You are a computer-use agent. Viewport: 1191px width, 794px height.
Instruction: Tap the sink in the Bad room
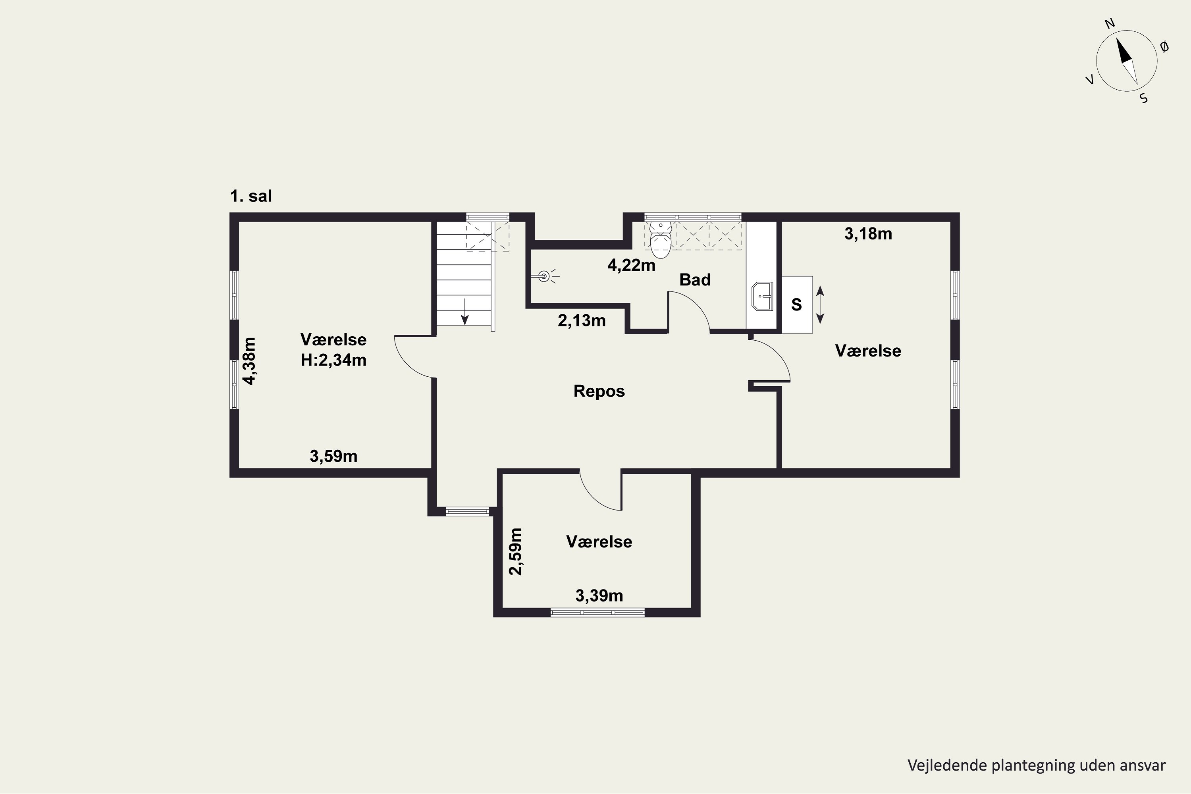[x=763, y=296]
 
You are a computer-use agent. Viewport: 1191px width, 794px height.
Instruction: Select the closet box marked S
[x=797, y=304]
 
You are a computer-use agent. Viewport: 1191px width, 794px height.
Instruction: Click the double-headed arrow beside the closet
[x=820, y=305]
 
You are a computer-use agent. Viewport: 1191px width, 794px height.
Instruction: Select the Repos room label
[x=599, y=391]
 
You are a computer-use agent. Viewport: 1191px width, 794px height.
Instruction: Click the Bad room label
[x=695, y=279]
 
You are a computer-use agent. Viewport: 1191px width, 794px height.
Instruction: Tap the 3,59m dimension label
[x=334, y=456]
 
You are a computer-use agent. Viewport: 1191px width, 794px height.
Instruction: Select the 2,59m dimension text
[x=515, y=551]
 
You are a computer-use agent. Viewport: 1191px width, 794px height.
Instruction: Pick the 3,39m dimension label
[x=599, y=595]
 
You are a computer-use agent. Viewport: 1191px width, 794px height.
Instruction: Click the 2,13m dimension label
[x=582, y=320]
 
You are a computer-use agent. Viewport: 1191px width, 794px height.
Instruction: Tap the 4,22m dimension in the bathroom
[x=632, y=265]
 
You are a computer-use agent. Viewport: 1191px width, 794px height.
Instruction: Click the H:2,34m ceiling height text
[x=334, y=360]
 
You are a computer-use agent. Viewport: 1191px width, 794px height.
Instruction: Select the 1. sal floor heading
[x=251, y=196]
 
